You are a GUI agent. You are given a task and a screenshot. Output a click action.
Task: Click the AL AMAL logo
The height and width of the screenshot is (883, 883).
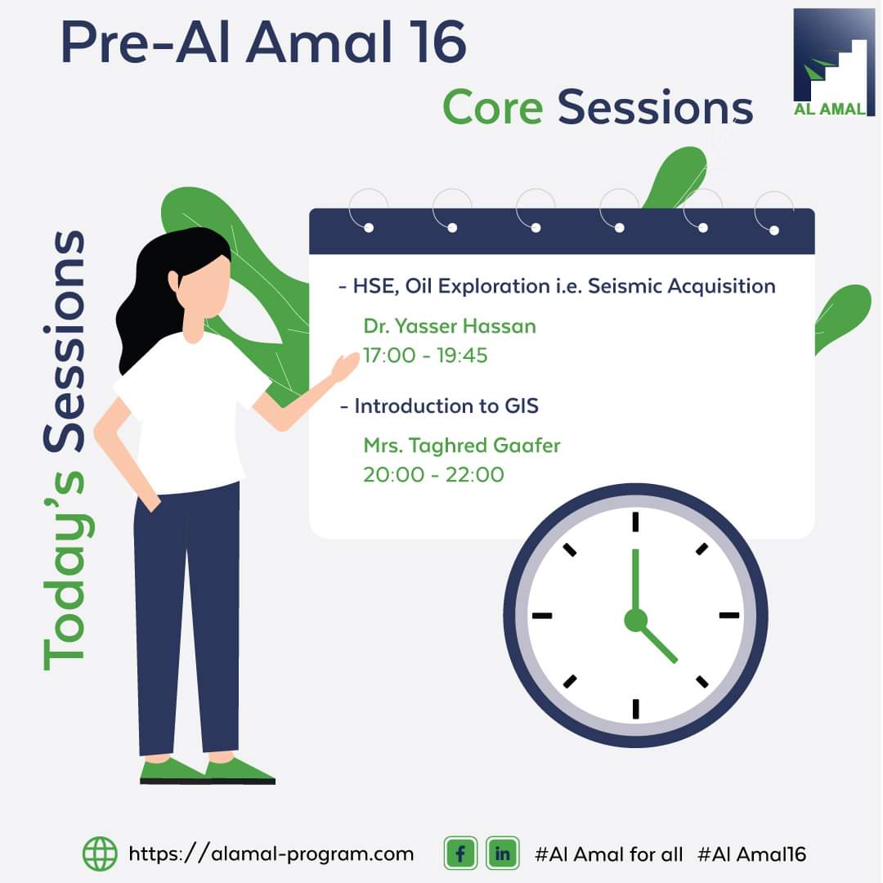point(833,62)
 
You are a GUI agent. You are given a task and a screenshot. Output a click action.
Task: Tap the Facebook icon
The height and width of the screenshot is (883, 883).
point(460,854)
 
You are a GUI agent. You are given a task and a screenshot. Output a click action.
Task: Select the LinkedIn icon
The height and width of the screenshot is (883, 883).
point(502,854)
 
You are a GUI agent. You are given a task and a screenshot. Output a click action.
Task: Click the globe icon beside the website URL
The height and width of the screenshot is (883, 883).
point(101,854)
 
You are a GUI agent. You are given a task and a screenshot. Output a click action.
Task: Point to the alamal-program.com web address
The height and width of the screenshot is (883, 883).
point(271,854)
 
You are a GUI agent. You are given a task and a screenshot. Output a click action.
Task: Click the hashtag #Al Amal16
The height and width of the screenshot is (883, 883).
point(751,854)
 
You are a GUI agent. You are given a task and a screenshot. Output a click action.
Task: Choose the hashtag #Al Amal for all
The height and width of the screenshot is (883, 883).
point(608,854)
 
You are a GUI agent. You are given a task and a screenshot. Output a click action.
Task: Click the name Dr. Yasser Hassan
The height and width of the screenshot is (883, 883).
point(450,326)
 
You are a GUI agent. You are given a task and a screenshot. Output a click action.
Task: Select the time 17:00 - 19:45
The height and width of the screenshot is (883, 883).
point(425,356)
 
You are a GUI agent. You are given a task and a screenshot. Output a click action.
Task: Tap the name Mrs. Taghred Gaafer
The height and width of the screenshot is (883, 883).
point(462,446)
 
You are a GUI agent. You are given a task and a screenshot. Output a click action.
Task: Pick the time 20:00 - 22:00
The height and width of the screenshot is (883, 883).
point(433,475)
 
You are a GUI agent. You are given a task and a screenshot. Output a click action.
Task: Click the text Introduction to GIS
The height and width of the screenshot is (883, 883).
point(446,406)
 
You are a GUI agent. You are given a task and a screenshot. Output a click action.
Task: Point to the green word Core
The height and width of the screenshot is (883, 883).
point(493,107)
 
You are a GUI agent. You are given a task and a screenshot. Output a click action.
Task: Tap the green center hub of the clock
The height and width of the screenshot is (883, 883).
point(636,620)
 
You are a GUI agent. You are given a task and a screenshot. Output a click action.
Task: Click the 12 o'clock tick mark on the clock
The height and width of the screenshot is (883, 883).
point(635,522)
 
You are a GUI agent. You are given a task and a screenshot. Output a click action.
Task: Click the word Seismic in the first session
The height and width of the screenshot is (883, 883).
point(625,286)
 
